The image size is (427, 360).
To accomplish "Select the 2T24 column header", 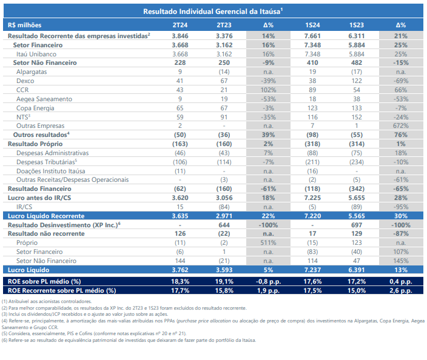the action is point(180,25).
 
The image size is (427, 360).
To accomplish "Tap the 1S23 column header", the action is point(357,25).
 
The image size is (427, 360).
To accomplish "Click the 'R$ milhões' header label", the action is point(24,25).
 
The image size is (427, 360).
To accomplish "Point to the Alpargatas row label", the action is point(32,72).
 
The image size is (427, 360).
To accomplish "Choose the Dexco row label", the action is point(25,81).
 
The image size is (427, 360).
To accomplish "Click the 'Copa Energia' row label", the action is point(35,108).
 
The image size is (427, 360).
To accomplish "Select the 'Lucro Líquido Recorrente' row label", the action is point(46,216).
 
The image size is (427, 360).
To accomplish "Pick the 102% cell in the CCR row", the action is point(268,90).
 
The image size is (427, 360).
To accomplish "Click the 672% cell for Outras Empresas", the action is point(401,125).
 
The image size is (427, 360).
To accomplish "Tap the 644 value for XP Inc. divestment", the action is point(224,225).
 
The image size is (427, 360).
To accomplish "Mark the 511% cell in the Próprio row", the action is point(268,242).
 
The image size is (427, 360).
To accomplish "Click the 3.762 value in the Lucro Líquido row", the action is point(180,270).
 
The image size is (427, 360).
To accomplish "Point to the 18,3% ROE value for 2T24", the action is point(180,281).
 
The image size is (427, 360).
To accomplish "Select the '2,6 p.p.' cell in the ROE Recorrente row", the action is point(401,290).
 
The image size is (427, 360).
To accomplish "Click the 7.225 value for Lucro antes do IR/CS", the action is point(312,198).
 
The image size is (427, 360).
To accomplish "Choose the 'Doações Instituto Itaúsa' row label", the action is point(51,171).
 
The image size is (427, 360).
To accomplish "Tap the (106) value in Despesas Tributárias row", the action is point(180,162).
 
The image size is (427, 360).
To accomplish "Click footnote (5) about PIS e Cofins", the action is point(94,333).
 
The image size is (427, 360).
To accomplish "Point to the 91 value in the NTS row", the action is point(224,117).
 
